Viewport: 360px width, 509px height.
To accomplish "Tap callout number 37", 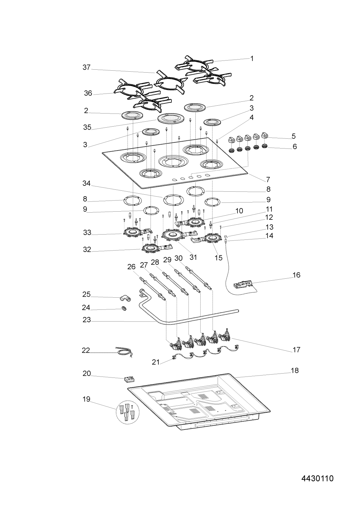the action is [86, 67].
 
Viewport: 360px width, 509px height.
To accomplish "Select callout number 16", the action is [297, 275].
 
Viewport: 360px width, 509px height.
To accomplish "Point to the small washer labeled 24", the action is [124, 308].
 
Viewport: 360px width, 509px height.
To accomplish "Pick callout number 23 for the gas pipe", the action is [87, 320].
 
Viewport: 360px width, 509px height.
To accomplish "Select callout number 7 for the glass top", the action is [268, 180].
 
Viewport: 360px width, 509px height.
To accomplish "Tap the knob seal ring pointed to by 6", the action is [264, 146].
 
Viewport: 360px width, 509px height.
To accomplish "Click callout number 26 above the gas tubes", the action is [131, 267].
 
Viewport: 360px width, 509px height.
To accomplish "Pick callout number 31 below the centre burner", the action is [193, 257].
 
